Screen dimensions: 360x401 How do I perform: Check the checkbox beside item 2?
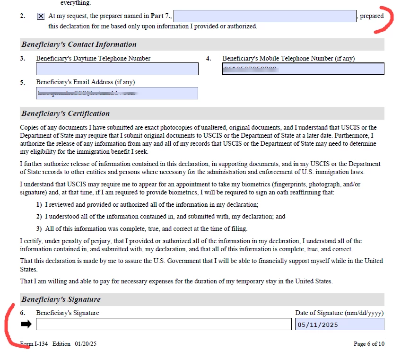(x=41, y=16)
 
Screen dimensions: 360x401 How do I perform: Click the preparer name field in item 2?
(x=265, y=16)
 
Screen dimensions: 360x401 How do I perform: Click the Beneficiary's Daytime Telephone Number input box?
(x=117, y=69)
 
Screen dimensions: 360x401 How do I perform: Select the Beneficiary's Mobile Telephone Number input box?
(x=303, y=69)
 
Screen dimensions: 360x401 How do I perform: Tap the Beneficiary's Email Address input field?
(x=117, y=93)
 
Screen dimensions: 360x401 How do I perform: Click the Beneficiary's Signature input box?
(x=164, y=324)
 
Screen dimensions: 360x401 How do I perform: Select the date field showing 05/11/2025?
(x=340, y=325)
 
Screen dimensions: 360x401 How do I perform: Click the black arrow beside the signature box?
(x=26, y=324)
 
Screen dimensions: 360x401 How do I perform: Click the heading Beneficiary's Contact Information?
(x=78, y=44)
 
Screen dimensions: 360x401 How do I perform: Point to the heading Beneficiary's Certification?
(x=65, y=114)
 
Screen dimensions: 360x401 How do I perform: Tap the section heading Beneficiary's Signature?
(x=61, y=299)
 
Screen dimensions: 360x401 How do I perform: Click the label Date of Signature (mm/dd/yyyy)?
(x=339, y=313)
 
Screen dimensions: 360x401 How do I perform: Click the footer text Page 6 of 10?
(x=369, y=344)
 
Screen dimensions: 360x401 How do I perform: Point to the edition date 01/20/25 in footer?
(x=86, y=344)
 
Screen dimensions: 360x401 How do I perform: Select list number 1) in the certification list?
(x=39, y=205)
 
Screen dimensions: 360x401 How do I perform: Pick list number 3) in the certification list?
(x=39, y=228)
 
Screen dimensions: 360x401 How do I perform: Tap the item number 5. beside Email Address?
(x=23, y=82)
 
